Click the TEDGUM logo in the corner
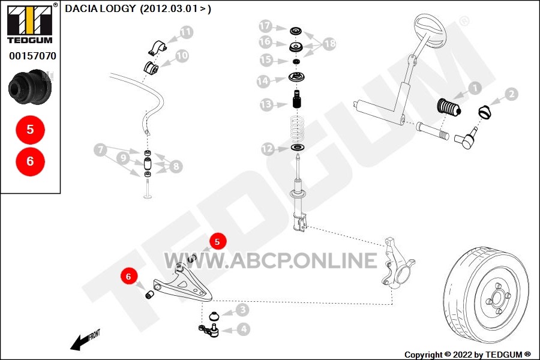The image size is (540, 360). pyautogui.click(x=30, y=23)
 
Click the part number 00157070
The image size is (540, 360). pyautogui.click(x=33, y=56)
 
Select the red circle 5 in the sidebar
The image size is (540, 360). pyautogui.click(x=31, y=130)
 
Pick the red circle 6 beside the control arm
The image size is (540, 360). pyautogui.click(x=128, y=276)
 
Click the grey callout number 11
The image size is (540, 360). pyautogui.click(x=186, y=32)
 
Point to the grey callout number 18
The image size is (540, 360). pyautogui.click(x=329, y=43)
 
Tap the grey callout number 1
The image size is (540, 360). pyautogui.click(x=475, y=88)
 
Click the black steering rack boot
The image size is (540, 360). pyautogui.click(x=449, y=107)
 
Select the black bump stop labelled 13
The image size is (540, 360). pyautogui.click(x=297, y=99)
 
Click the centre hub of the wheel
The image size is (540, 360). pyautogui.click(x=497, y=298)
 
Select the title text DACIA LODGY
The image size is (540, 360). pyautogui.click(x=100, y=8)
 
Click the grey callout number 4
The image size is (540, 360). pyautogui.click(x=244, y=329)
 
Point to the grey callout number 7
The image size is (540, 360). pyautogui.click(x=100, y=150)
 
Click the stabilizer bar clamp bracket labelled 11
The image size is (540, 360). pyautogui.click(x=158, y=48)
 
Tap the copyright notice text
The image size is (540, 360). pyautogui.click(x=467, y=355)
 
